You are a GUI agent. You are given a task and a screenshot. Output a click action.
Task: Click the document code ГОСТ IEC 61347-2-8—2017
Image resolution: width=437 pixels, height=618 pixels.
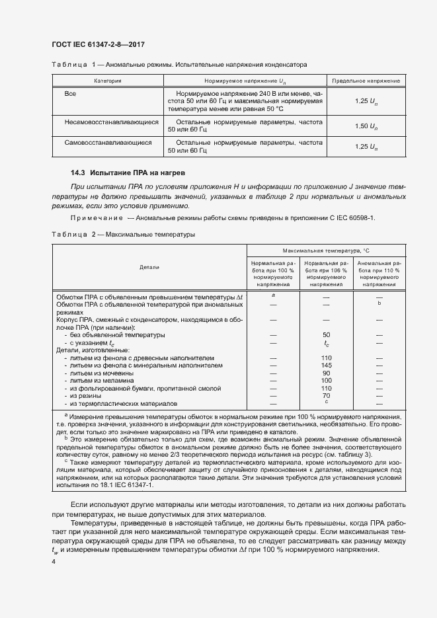point(98,45)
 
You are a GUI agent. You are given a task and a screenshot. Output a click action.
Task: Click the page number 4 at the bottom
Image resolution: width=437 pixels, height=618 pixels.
point(53,561)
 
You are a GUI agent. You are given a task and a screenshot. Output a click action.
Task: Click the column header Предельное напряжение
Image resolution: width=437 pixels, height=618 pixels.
point(366,81)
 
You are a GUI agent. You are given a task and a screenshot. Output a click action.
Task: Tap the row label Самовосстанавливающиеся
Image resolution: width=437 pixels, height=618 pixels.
point(108,142)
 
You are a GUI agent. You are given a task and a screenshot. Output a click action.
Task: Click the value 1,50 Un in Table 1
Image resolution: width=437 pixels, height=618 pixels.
point(366,126)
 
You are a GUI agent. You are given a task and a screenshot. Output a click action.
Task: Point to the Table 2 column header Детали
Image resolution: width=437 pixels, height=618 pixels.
point(149,267)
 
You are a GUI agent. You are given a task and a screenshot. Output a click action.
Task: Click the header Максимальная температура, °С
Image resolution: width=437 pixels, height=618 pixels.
point(325,251)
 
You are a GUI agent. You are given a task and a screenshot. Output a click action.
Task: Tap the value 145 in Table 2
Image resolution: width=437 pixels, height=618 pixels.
point(326,366)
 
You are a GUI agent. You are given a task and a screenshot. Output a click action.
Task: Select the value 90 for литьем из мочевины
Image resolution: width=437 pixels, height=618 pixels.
point(326,373)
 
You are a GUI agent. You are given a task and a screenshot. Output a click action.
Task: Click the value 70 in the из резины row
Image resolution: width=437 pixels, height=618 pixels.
point(326,395)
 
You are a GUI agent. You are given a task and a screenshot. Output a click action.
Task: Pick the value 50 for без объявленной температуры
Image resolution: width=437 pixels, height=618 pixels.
point(326,335)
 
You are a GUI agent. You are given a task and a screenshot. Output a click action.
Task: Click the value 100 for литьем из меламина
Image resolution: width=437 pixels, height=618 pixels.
point(326,381)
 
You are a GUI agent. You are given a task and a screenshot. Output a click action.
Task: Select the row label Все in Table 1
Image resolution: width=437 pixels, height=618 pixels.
point(70,94)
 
